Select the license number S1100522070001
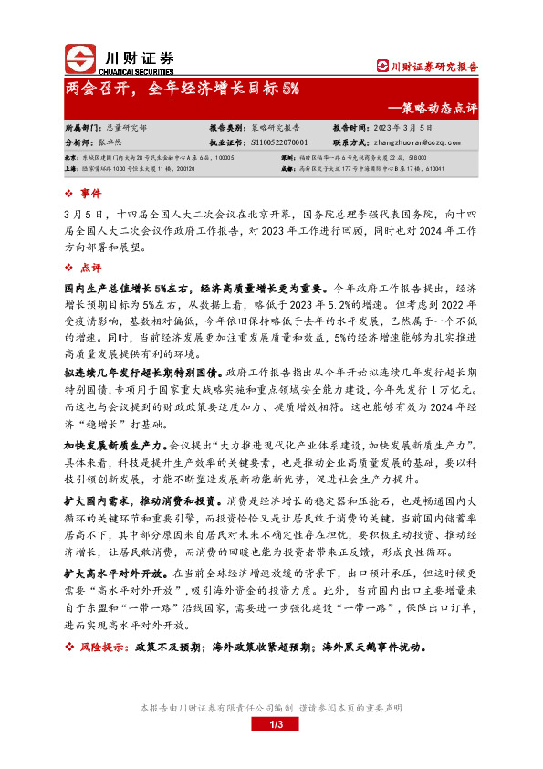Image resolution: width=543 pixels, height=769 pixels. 278,142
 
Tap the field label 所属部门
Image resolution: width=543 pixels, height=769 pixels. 84,130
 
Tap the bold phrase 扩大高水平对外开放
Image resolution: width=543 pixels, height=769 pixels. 110,574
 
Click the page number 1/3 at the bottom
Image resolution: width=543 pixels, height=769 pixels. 271,724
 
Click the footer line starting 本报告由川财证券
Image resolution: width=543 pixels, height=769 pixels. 270,709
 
